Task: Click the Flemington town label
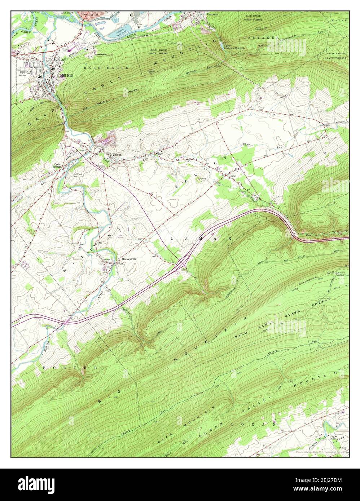(89, 14)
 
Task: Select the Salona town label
(118, 155)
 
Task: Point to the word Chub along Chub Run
(246, 145)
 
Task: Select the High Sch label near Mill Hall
(23, 76)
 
